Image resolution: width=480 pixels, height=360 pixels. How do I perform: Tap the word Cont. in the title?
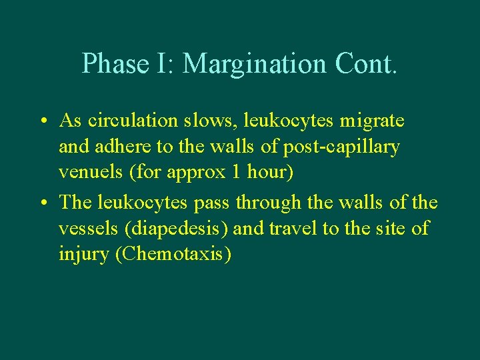366,63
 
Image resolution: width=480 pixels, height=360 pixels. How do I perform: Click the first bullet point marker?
42,122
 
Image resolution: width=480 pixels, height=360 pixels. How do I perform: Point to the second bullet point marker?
42,202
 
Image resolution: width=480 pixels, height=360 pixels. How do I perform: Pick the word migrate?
371,122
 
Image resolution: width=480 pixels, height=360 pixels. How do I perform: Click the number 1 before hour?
237,173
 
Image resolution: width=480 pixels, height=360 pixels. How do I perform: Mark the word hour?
269,173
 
